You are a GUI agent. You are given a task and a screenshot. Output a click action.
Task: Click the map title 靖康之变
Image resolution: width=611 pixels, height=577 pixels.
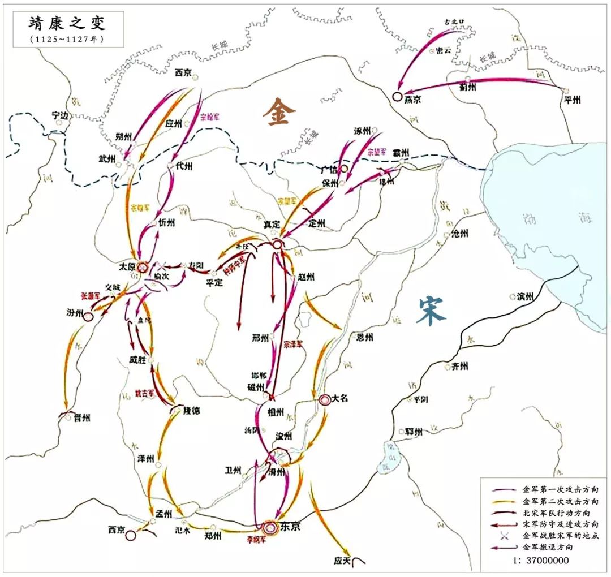click(x=67, y=23)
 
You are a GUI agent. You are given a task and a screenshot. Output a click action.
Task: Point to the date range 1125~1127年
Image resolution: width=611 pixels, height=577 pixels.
click(x=67, y=39)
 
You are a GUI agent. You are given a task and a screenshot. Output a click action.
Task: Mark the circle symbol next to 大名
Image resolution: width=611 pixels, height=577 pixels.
click(x=325, y=399)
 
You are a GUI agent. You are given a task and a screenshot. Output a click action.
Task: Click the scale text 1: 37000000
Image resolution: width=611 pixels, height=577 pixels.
click(x=540, y=561)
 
